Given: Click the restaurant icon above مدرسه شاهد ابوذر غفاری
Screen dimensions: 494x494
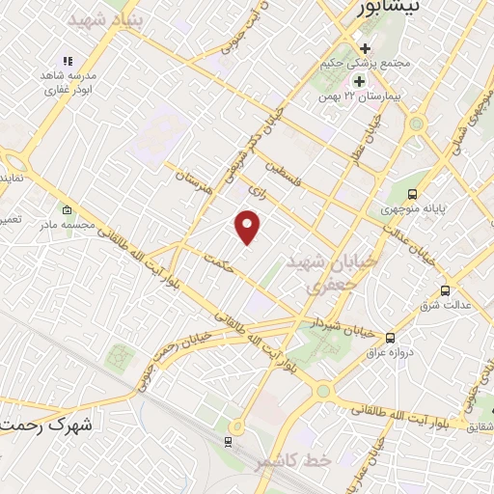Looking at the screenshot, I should click(x=67, y=61).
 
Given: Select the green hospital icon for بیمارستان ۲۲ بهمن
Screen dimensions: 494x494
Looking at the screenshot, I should click(x=359, y=81).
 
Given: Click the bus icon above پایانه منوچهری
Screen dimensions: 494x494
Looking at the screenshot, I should click(x=413, y=191).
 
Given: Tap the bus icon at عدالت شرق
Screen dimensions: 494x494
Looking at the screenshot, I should click(x=445, y=289).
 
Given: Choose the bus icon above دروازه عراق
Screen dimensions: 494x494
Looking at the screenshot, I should click(x=391, y=338).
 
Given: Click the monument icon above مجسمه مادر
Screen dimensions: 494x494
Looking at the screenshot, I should click(x=66, y=210).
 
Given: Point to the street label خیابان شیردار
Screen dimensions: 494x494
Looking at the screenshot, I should click(x=336, y=326).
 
